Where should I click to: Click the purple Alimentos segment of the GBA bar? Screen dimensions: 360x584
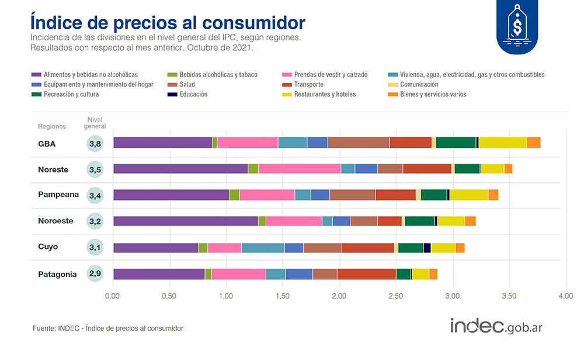[x=162, y=143]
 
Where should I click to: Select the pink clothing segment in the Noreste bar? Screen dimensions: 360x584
[x=299, y=169]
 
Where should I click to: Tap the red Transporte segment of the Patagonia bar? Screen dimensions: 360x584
[x=366, y=274]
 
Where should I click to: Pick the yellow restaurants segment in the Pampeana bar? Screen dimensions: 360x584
[x=468, y=195]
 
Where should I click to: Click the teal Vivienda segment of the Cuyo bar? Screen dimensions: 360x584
[x=263, y=247]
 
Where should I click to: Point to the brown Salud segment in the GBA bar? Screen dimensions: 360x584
[x=358, y=143]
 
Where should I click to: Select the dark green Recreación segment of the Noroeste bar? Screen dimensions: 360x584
[x=419, y=221]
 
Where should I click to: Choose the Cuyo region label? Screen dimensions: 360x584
[x=48, y=247]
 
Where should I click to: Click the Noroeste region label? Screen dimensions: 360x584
[x=55, y=221]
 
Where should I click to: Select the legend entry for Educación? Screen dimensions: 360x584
[x=193, y=94]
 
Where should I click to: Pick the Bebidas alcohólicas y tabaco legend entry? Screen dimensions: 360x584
[x=217, y=75]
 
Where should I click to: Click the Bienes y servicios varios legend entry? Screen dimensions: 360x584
[x=432, y=94]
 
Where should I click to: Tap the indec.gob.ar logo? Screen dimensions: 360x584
[x=496, y=326]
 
